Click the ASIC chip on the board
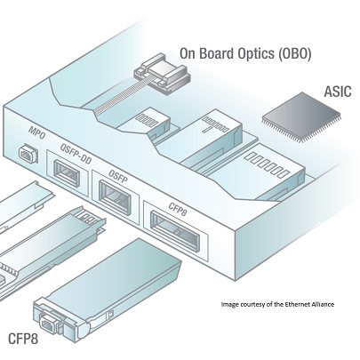301,116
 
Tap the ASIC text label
338,92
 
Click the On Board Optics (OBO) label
245,53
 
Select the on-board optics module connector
162,73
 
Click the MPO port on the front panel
28,153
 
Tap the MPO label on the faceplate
37,133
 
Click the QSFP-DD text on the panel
76,154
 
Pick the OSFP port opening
115,197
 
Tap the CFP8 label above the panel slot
178,209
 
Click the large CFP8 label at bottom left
23,339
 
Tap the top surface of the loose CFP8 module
113,273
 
